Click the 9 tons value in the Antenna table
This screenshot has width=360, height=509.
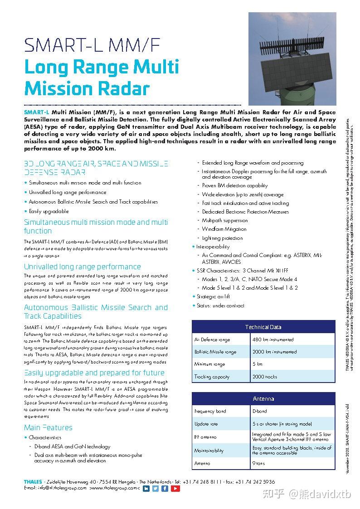point(258,463)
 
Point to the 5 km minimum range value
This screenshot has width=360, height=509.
point(257,364)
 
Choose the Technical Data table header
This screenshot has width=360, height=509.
point(263,327)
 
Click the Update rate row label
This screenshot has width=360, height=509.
point(206,424)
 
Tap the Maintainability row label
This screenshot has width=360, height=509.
point(209,451)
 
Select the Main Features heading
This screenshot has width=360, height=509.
point(48,427)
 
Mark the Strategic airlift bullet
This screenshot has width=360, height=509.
point(213,296)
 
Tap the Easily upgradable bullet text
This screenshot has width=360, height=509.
point(49,211)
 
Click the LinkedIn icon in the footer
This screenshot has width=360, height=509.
point(146,489)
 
